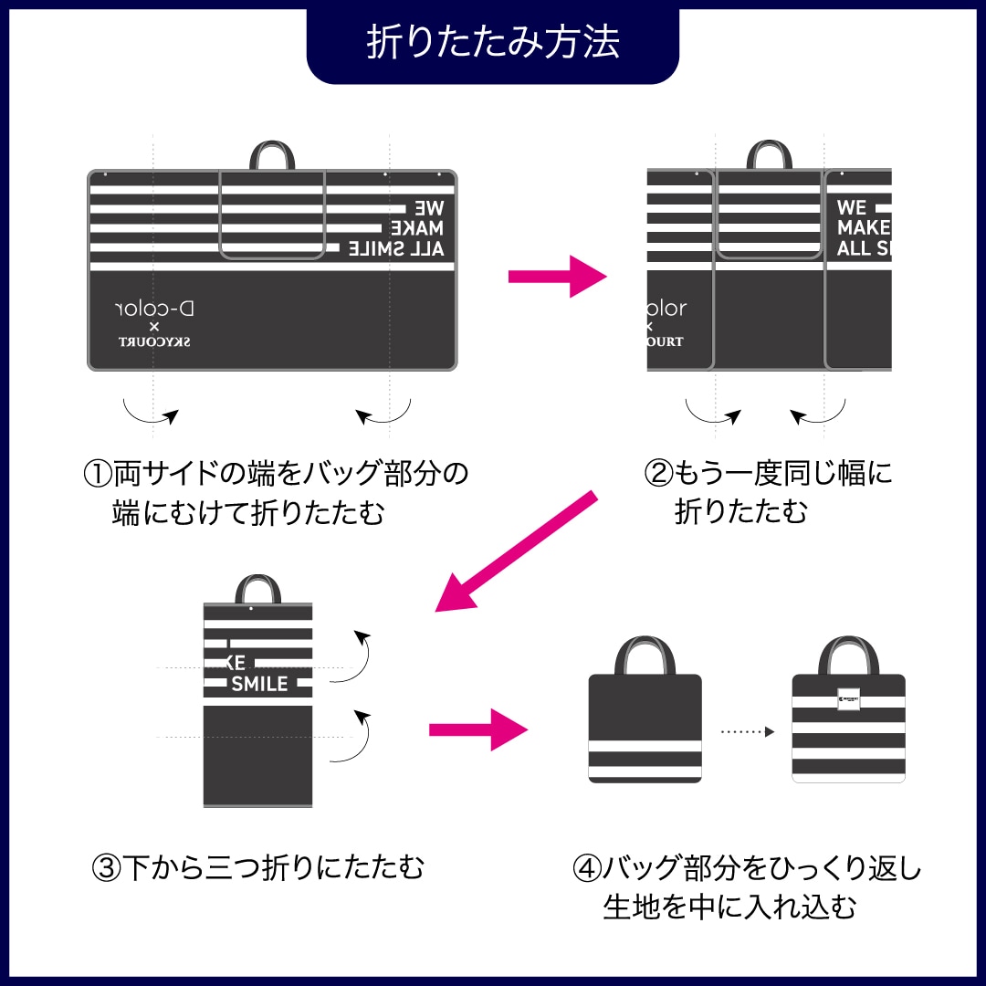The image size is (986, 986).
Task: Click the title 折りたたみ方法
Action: pyautogui.click(x=493, y=42)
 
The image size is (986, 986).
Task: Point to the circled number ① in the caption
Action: pyautogui.click(x=97, y=475)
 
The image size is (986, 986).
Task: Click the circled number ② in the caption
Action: pyautogui.click(x=657, y=474)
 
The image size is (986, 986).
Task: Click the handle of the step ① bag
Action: pyautogui.click(x=272, y=155)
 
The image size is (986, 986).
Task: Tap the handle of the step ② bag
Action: pyautogui.click(x=768, y=154)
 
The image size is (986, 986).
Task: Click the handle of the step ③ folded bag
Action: pyautogui.click(x=257, y=589)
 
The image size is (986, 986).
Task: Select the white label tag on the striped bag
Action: pyautogui.click(x=848, y=698)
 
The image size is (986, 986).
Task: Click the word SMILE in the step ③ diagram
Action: pyautogui.click(x=259, y=684)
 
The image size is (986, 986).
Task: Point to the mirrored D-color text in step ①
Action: pyautogui.click(x=156, y=309)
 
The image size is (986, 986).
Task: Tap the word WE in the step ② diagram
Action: pyautogui.click(x=851, y=207)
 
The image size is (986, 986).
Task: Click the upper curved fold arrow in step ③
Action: pyautogui.click(x=355, y=656)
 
